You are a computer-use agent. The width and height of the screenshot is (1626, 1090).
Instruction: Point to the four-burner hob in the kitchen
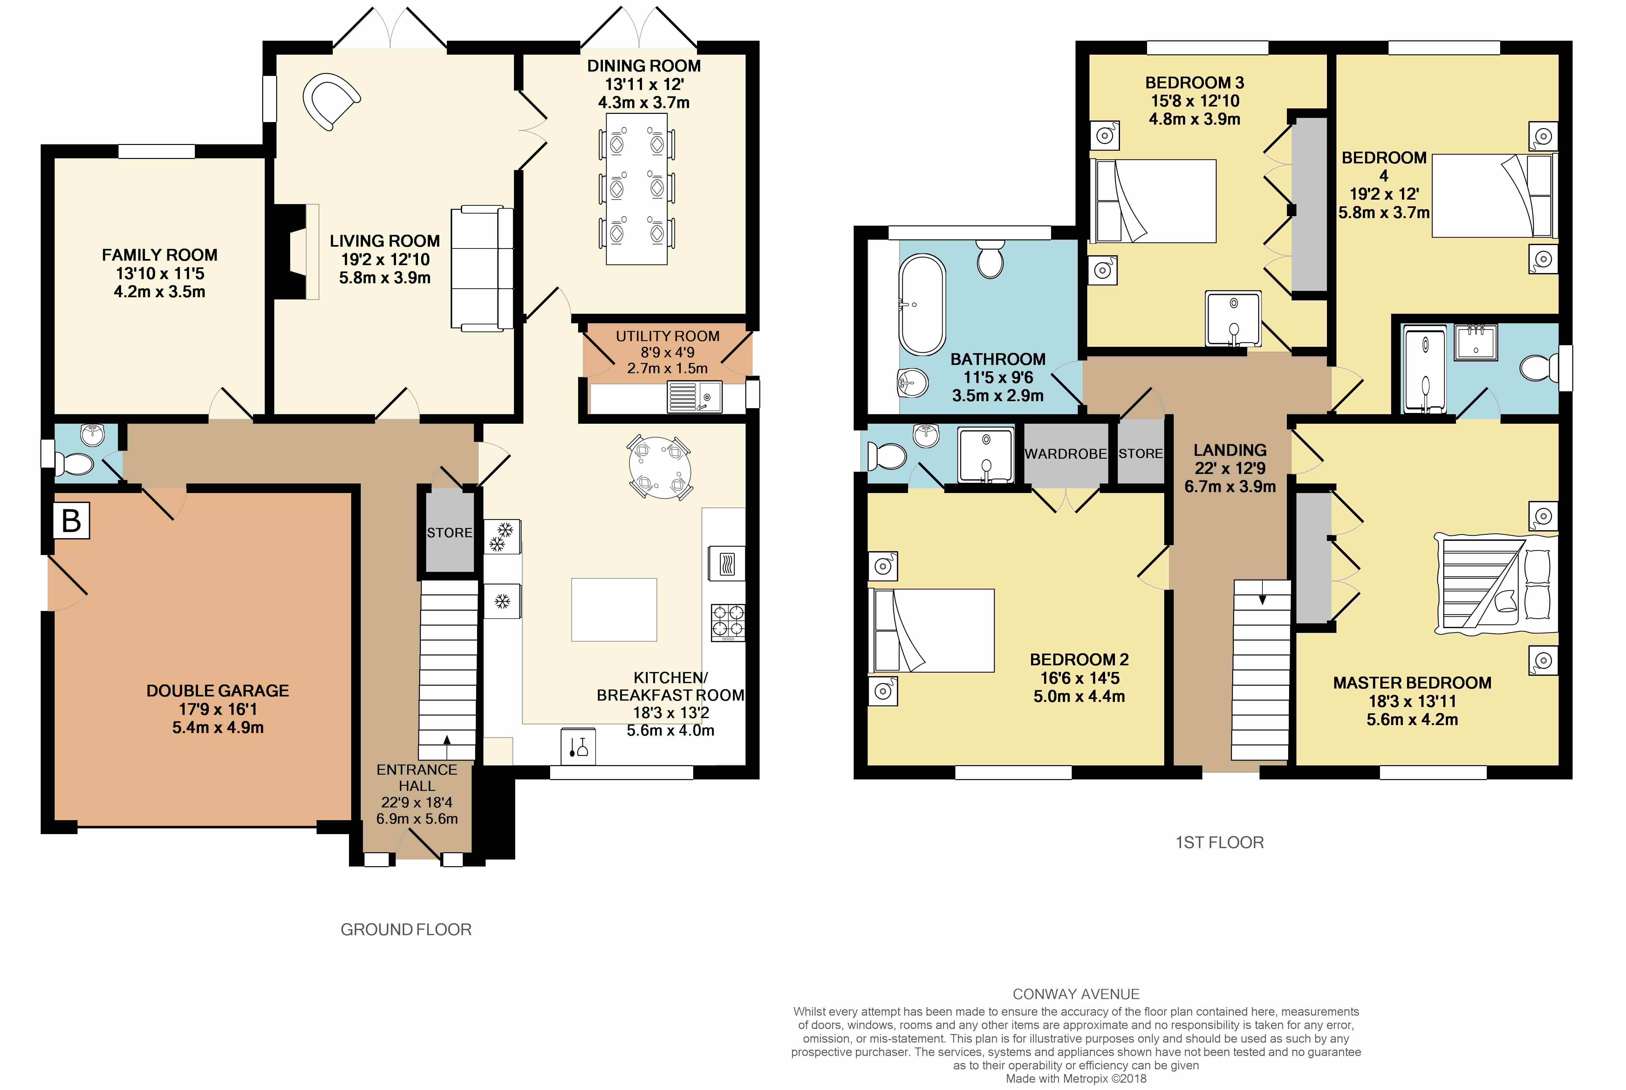click(x=728, y=622)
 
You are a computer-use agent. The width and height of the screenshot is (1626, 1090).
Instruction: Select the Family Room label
click(x=160, y=255)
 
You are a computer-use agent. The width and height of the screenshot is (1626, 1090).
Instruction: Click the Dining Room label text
click(x=644, y=66)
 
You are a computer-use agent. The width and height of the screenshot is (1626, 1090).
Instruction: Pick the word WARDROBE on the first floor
click(x=1065, y=454)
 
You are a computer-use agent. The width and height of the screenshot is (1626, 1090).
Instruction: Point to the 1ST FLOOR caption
click(x=1219, y=842)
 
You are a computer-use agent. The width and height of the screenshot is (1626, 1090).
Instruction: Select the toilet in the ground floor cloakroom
click(x=72, y=464)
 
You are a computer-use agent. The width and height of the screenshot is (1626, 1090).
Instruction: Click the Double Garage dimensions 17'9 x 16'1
click(x=217, y=709)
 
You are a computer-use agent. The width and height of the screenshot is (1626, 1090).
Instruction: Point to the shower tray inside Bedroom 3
click(x=1233, y=319)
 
